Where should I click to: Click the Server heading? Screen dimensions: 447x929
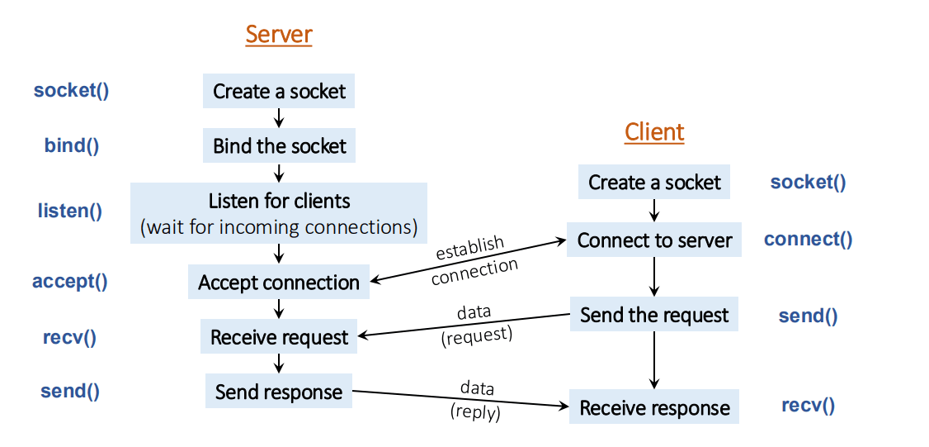(x=279, y=35)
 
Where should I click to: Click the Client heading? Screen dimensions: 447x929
(x=654, y=132)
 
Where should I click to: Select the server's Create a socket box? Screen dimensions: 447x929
(x=279, y=91)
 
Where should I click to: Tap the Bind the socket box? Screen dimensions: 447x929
(x=279, y=146)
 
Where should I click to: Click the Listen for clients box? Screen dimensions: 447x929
(x=279, y=212)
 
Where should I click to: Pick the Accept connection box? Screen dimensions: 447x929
(x=279, y=283)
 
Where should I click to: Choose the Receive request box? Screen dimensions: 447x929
(x=279, y=337)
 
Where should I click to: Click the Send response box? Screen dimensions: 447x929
(x=279, y=392)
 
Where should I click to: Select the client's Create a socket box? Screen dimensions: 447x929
(x=654, y=183)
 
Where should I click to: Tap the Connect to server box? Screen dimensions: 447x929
(x=654, y=240)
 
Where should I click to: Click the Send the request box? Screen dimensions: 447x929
(x=654, y=315)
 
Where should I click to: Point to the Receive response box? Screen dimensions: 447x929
(x=654, y=408)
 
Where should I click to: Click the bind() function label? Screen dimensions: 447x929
(x=72, y=146)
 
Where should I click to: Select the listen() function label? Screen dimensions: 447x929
(x=70, y=211)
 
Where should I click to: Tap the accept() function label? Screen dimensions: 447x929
(x=70, y=281)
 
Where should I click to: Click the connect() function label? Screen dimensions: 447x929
(x=808, y=240)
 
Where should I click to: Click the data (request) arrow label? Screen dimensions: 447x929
(x=475, y=324)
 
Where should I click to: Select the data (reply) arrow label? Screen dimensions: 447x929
(x=475, y=400)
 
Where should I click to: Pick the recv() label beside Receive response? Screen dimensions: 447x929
(x=808, y=406)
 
